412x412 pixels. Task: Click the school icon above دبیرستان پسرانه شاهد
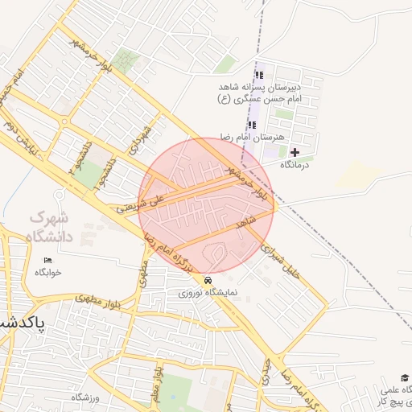tap(258, 70)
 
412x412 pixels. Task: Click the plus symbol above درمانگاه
tap(295, 151)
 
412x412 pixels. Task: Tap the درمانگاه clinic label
tap(295, 164)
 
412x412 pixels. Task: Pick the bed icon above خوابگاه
tap(47, 259)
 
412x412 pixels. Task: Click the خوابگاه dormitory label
tap(47, 272)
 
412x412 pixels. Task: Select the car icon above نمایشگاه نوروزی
tap(208, 280)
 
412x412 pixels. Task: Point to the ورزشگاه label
tap(86, 398)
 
